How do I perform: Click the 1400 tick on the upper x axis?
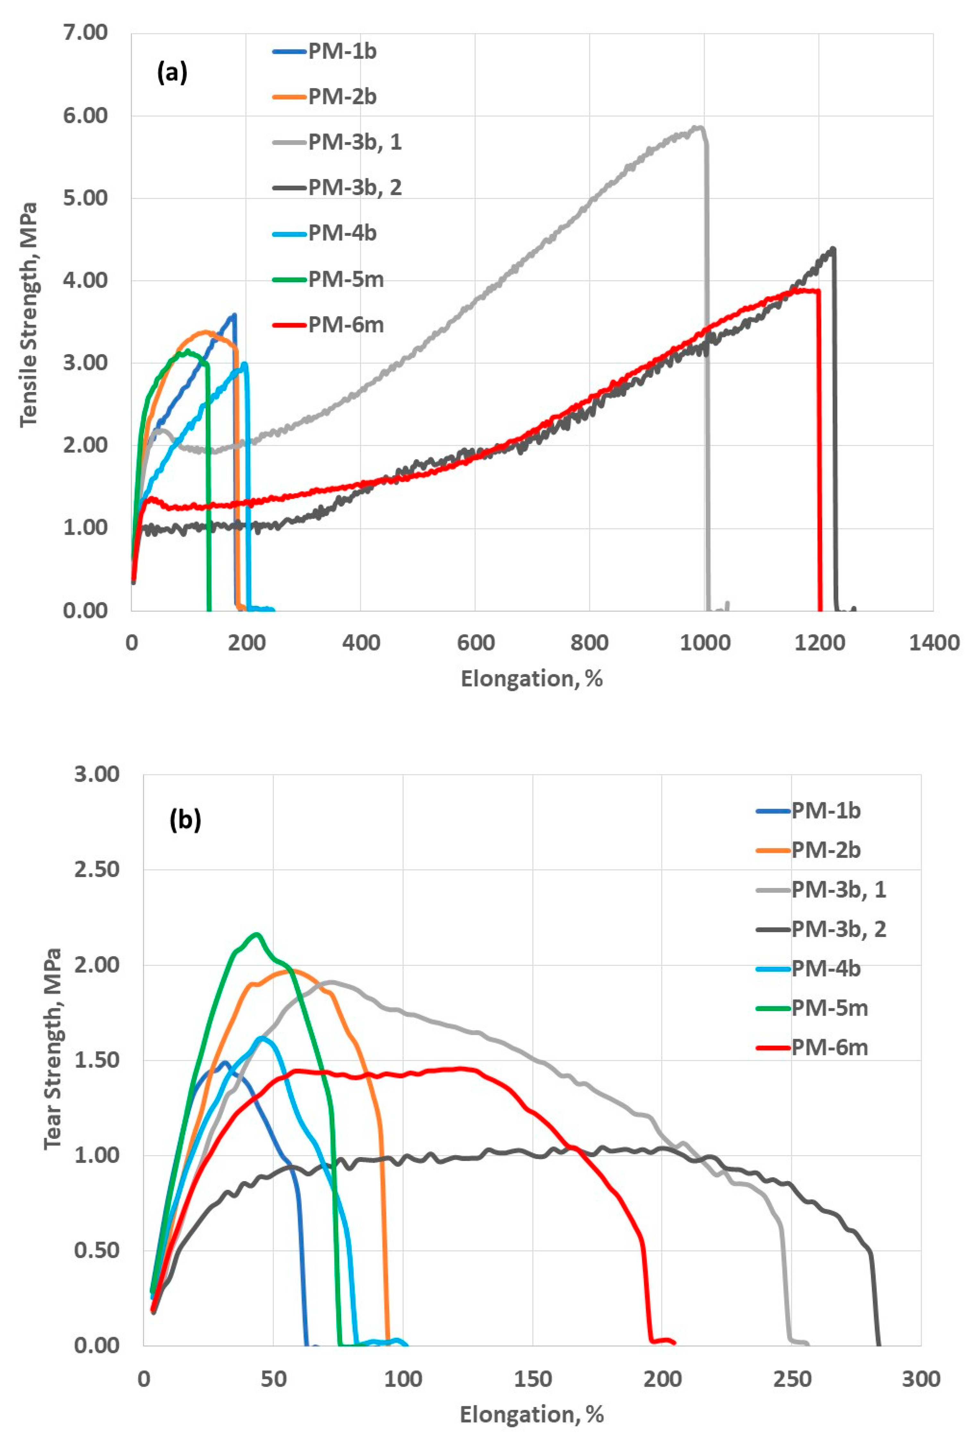[933, 643]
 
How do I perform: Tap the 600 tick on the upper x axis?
[475, 643]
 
